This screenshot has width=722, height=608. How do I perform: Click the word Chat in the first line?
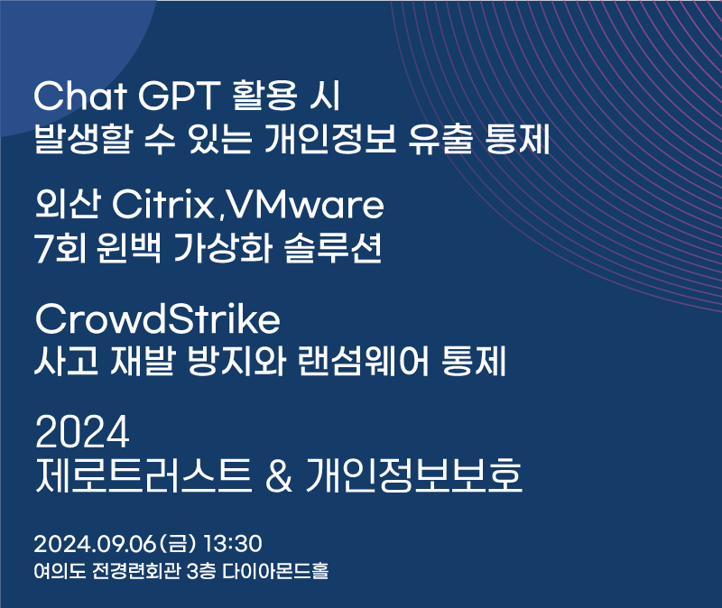[80, 96]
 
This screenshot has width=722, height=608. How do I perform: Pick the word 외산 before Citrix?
[67, 204]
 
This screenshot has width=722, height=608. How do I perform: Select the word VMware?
[305, 205]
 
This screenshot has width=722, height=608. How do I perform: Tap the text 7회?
[60, 248]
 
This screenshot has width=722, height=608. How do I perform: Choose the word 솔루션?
[333, 248]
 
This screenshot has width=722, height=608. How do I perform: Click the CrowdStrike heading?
[157, 318]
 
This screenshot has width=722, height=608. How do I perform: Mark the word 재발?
[143, 361]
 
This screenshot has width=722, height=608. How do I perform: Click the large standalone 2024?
[82, 431]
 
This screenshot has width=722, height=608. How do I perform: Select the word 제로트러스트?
[143, 475]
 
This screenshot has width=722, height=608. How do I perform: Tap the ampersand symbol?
[279, 476]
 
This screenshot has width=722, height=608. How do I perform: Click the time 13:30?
[233, 544]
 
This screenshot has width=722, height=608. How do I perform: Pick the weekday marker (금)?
[178, 544]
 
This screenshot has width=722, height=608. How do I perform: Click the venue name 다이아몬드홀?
[275, 571]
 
